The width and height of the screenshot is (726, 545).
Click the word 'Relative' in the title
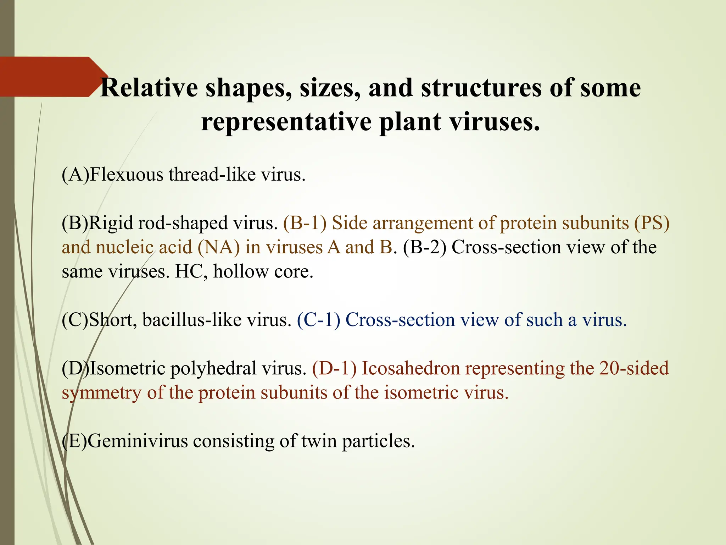click(x=149, y=88)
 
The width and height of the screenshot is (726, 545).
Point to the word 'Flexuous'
click(x=126, y=175)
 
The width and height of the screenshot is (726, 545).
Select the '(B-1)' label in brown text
click(x=305, y=223)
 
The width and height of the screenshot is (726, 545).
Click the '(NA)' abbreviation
click(x=219, y=247)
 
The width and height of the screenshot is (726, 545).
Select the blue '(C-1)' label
click(x=319, y=320)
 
